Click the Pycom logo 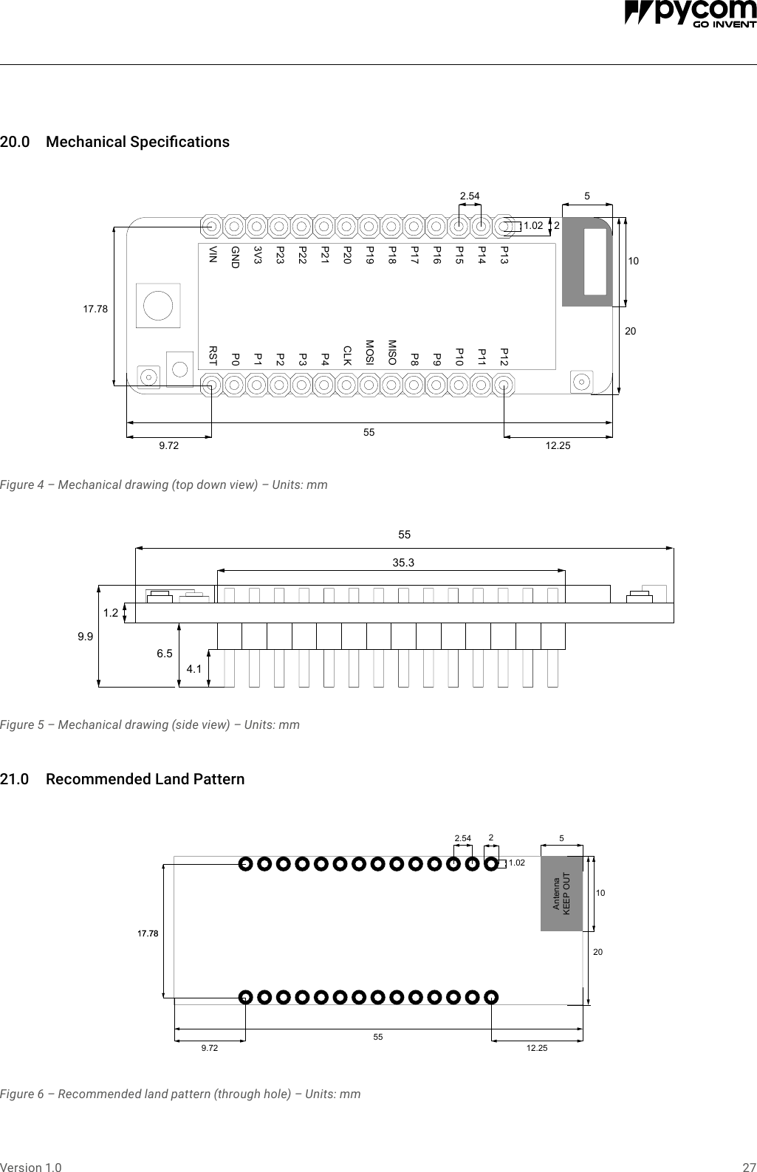coord(690,14)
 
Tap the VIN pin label coord(213,255)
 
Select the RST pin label coord(213,356)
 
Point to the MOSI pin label coord(370,353)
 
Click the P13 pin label coord(504,256)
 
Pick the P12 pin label coord(504,357)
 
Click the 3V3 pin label coord(258,255)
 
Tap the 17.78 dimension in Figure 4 coord(95,309)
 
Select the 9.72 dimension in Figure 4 coord(169,445)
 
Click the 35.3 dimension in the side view coord(403,563)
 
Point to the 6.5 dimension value coord(164,654)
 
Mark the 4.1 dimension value coord(194,669)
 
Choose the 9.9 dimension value coord(86,636)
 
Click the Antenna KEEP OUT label coord(561,894)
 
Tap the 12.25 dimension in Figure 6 coord(537,1048)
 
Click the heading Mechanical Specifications coord(137,142)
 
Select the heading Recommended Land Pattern coord(145,779)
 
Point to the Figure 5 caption coord(150,724)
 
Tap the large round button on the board coord(158,305)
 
